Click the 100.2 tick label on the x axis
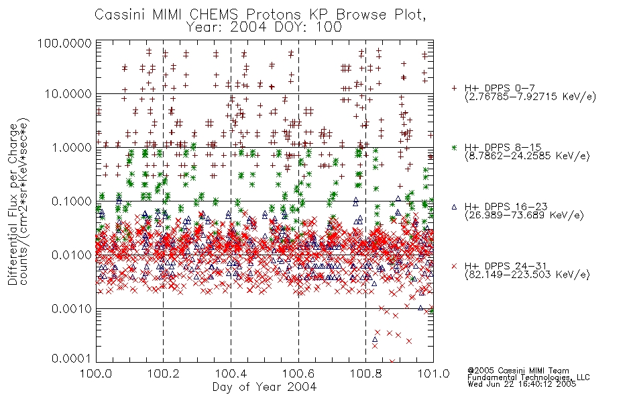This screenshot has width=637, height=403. tap(164, 373)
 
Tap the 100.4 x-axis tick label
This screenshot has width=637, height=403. tap(231, 373)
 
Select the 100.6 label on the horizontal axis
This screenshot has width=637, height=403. tap(298, 373)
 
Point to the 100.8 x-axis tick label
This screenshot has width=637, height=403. tap(366, 373)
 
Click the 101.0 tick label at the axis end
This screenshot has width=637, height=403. tap(433, 373)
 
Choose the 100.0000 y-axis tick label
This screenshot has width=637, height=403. tap(64, 44)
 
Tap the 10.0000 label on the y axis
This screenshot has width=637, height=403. tap(68, 94)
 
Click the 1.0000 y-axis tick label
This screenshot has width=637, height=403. tap(72, 147)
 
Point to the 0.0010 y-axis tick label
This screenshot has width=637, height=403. tap(72, 309)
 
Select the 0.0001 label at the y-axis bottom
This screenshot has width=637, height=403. tap(72, 359)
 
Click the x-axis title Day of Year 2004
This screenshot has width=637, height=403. tap(264, 387)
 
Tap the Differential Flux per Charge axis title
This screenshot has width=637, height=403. tap(13, 204)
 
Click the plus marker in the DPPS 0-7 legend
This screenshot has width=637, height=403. tap(454, 87)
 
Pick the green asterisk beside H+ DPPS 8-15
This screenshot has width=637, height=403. tap(454, 147)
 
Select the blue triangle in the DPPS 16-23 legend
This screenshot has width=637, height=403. tap(454, 207)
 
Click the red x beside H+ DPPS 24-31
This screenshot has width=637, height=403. tap(454, 266)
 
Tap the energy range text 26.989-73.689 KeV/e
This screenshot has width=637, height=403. tap(524, 216)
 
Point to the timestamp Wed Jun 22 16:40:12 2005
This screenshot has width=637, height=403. tap(522, 384)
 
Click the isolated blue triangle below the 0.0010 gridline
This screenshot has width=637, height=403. tap(375, 339)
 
